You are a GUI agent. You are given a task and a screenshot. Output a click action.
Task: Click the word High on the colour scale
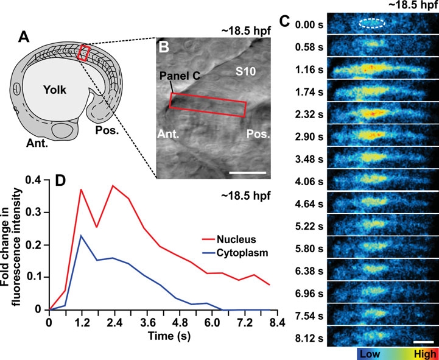point(423,354)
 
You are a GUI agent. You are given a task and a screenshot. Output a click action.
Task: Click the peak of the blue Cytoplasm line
point(81,235)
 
